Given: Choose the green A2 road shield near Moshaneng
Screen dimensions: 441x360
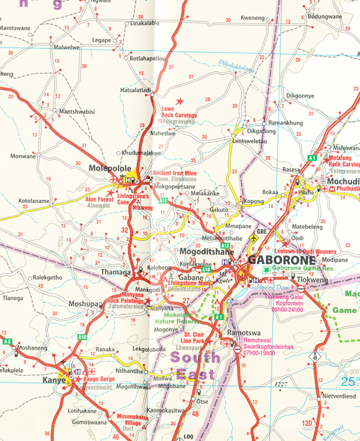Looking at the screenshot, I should click(x=7, y=342).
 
